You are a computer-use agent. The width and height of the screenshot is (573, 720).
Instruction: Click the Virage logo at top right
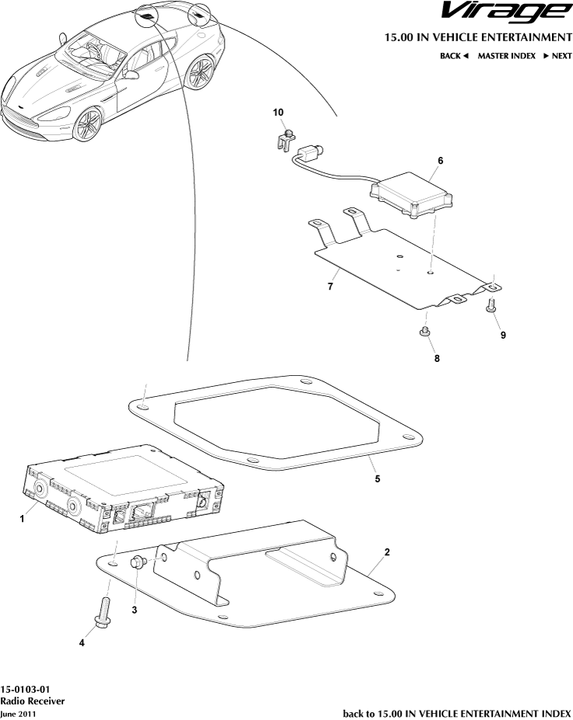[x=507, y=12]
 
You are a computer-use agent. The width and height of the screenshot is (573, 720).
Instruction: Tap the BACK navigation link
[x=454, y=56]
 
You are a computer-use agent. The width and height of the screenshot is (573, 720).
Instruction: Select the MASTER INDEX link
[x=506, y=56]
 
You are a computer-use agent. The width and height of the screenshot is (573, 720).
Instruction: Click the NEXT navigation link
[x=557, y=56]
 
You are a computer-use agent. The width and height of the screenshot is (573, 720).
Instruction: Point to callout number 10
[x=278, y=113]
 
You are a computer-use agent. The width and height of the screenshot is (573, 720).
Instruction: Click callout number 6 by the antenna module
[x=440, y=161]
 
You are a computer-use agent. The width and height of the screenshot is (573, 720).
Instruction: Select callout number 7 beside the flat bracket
[x=330, y=287]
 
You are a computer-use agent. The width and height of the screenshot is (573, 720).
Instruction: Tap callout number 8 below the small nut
[x=436, y=358]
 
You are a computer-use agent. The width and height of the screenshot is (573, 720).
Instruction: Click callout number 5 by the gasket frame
[x=377, y=479]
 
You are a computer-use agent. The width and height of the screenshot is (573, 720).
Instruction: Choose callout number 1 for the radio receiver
[x=22, y=519]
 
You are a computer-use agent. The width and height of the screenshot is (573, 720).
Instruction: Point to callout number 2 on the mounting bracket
[x=387, y=552]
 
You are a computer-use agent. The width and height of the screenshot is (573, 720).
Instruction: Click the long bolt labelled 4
[x=103, y=610]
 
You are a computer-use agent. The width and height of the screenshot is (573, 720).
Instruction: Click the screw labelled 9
[x=491, y=305]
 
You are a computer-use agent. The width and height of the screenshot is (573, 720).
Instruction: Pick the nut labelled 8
[x=425, y=331]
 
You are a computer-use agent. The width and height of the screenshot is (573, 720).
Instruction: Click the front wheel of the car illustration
[x=87, y=124]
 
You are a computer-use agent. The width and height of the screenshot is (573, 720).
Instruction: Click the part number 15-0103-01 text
[x=25, y=689]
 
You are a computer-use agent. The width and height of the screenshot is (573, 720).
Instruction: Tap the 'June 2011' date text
[x=18, y=714]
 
